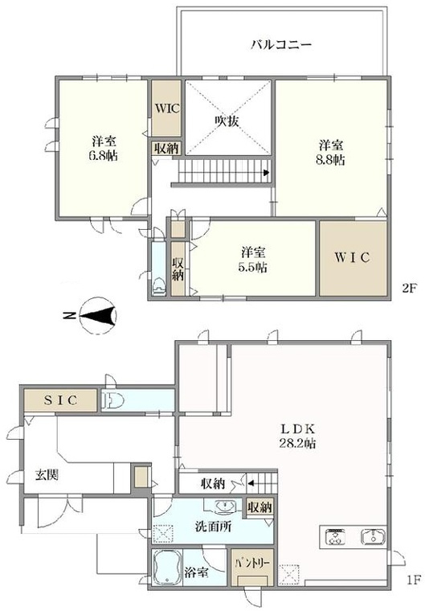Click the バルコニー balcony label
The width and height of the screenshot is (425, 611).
[x=280, y=44]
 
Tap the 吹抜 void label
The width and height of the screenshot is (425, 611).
[x=227, y=121]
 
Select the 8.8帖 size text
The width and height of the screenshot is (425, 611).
[x=330, y=160]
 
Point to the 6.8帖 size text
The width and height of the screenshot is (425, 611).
[x=103, y=155]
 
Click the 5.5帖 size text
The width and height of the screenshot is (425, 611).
[x=253, y=267]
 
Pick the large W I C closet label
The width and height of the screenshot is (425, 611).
[x=352, y=257]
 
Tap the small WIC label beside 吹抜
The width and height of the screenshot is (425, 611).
[x=167, y=108]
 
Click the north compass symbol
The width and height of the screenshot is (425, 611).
[x=98, y=315]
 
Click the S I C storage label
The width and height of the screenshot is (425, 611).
[x=61, y=400]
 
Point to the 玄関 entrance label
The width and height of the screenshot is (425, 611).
[x=47, y=475]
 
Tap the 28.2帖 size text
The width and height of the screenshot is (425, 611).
[x=297, y=444]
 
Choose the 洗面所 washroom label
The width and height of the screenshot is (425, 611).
[x=213, y=527]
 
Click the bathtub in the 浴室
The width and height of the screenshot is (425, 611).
[x=167, y=568]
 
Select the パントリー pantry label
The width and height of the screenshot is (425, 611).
[x=252, y=563]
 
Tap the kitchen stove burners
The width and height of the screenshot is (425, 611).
[x=335, y=537]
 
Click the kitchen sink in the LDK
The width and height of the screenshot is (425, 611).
[x=374, y=536]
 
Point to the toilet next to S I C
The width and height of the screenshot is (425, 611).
[x=112, y=400]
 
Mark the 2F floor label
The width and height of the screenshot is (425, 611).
[x=410, y=289]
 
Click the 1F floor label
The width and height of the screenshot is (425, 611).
[x=414, y=580]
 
